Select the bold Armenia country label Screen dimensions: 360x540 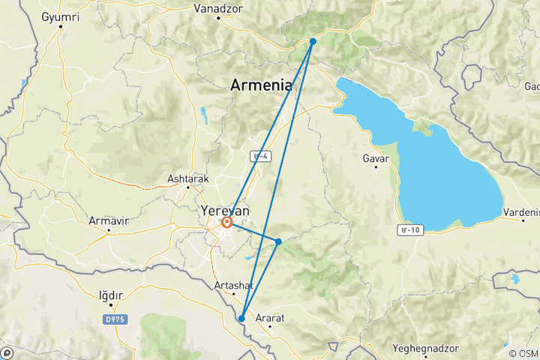click(x=261, y=85)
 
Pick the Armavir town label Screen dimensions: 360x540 click(x=109, y=221)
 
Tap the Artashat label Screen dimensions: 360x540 click(x=233, y=286)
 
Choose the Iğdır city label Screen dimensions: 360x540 click(x=111, y=295)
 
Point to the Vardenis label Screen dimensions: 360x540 click(x=521, y=212)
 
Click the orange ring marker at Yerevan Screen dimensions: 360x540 click(x=226, y=222)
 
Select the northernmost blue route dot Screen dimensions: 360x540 click(x=313, y=42)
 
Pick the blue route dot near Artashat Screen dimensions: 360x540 click(x=241, y=319)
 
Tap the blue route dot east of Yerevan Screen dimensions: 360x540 click(x=278, y=241)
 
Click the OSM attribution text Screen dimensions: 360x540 click(x=527, y=353)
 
